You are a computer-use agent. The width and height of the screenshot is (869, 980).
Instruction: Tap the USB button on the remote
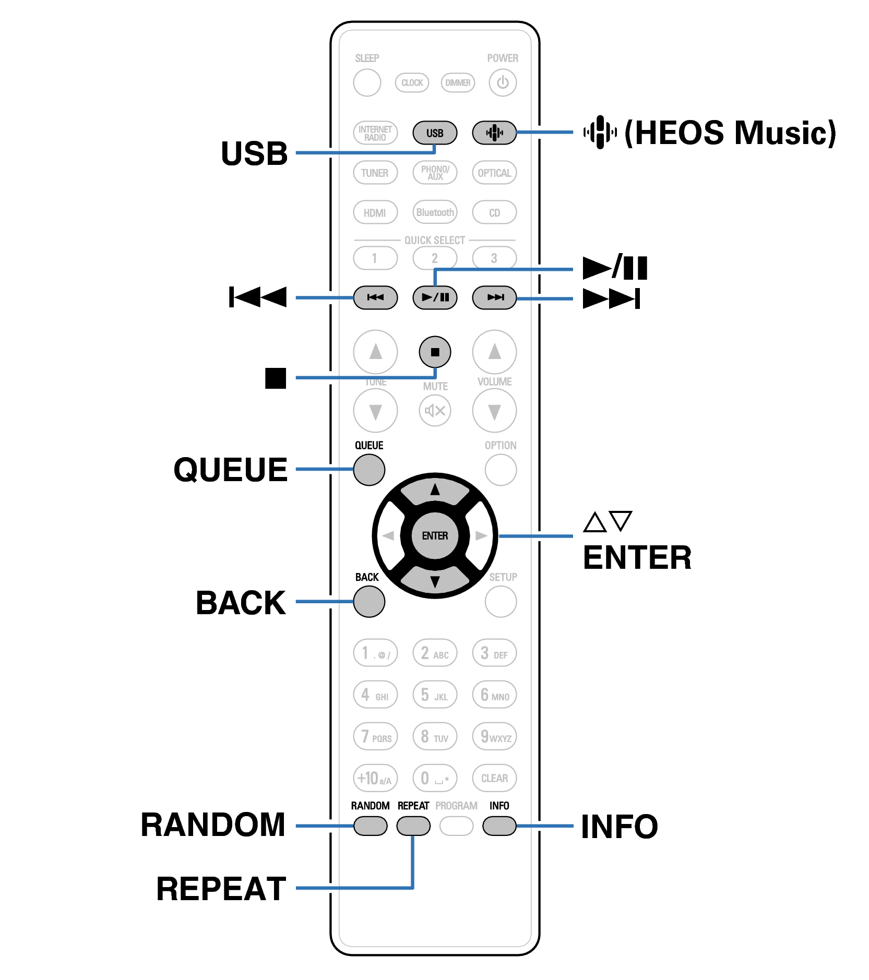434,133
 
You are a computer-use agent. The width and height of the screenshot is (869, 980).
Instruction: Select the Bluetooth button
434,212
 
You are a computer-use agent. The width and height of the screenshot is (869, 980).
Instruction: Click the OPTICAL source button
494,173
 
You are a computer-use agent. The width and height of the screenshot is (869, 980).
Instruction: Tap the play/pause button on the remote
434,297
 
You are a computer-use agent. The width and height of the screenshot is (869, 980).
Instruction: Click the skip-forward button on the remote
494,297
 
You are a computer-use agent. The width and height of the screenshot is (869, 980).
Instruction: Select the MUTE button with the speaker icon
434,411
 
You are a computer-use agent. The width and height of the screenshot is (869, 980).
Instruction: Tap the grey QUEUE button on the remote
369,470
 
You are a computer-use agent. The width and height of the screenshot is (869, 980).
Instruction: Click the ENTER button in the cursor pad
434,536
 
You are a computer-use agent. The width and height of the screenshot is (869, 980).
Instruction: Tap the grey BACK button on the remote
369,602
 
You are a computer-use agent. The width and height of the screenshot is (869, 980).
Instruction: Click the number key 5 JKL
434,695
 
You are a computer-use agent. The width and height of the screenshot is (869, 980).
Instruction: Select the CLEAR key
494,778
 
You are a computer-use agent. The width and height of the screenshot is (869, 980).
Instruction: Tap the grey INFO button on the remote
499,826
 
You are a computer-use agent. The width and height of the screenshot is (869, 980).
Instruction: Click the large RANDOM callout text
213,825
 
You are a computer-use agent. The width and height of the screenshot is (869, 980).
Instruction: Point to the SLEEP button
367,82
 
